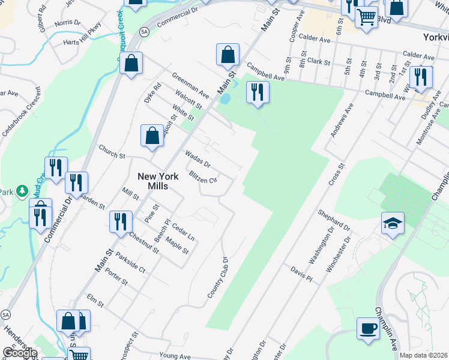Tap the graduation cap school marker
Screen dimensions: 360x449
(x=392, y=224)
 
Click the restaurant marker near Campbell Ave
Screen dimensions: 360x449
(x=258, y=92)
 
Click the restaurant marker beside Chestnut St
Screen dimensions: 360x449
(x=121, y=221)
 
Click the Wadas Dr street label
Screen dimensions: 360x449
(x=197, y=159)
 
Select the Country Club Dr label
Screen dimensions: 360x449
(x=218, y=277)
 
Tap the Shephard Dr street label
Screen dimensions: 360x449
(x=334, y=221)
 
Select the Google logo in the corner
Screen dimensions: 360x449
(x=19, y=353)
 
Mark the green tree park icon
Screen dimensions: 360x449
(x=23, y=191)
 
